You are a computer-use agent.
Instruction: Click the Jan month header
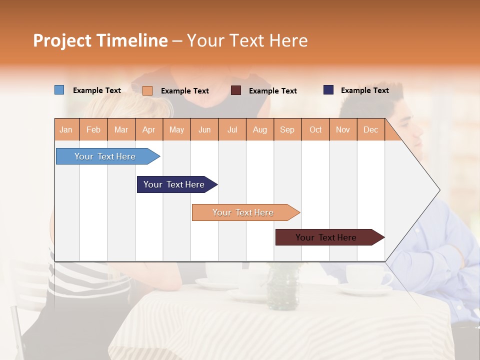[x=66, y=129]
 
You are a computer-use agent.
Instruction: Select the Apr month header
[x=148, y=129]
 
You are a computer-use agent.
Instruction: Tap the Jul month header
[x=232, y=129]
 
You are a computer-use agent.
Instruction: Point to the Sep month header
[x=287, y=129]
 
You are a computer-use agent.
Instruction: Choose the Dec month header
[x=370, y=129]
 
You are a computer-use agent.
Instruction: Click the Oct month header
[x=315, y=129]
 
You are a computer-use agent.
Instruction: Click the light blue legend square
[x=59, y=90]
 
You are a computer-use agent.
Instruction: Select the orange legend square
[x=147, y=90]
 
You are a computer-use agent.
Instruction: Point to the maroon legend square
[x=236, y=90]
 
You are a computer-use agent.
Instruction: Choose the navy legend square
[x=328, y=90]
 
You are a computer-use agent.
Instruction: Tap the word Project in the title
[x=62, y=40]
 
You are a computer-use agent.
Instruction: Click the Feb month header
[x=93, y=129]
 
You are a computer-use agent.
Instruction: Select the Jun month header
[x=204, y=129]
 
